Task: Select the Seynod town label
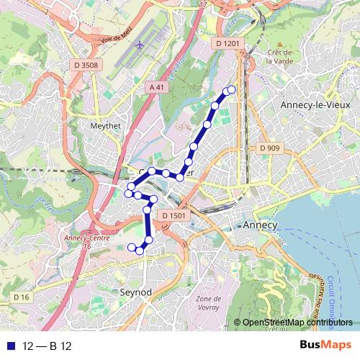135,293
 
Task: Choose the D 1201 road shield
226,44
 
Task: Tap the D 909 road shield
269,148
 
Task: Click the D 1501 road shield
174,215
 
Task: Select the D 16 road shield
20,297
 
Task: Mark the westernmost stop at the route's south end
132,248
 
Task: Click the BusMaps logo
325,346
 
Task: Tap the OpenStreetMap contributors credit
298,322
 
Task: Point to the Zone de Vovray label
208,302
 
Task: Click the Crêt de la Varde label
279,56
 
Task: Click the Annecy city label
261,225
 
